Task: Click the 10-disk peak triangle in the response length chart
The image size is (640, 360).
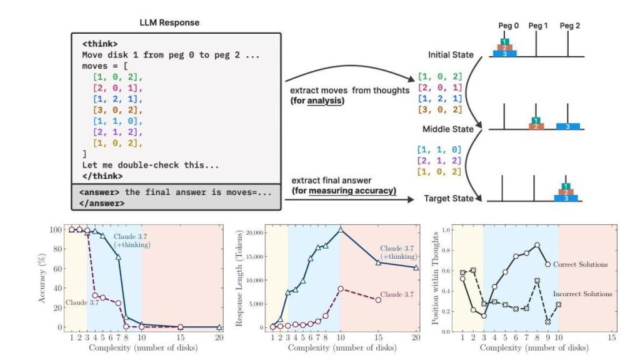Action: click(x=341, y=231)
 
